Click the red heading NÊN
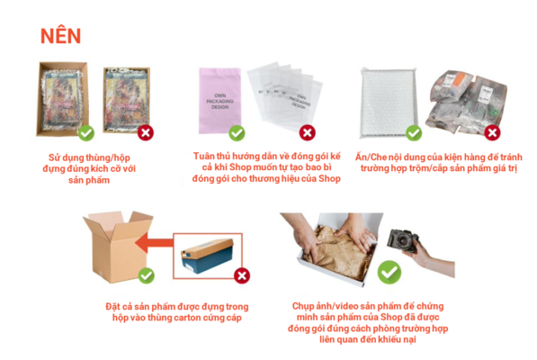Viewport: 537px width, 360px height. pyautogui.click(x=60, y=36)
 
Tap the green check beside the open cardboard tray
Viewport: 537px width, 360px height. pyautogui.click(x=86, y=133)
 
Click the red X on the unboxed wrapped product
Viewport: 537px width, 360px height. pyautogui.click(x=146, y=133)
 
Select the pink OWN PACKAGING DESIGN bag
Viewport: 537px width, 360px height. pyautogui.click(x=219, y=101)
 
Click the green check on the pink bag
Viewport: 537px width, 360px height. pyautogui.click(x=237, y=133)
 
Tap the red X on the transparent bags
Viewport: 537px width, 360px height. pyautogui.click(x=308, y=133)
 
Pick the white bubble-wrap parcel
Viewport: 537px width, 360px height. pyautogui.click(x=389, y=103)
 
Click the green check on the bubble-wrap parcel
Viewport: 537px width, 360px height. pyautogui.click(x=414, y=133)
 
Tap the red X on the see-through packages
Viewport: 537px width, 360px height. pyautogui.click(x=493, y=133)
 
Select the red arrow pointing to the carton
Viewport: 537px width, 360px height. pyautogui.click(x=154, y=243)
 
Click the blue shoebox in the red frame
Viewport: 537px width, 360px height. pyautogui.click(x=208, y=256)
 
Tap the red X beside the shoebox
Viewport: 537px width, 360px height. pyautogui.click(x=242, y=275)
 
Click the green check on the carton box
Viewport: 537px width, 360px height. pyautogui.click(x=147, y=275)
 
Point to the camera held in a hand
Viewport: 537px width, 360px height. pyautogui.click(x=402, y=239)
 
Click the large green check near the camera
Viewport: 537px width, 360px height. pyautogui.click(x=389, y=273)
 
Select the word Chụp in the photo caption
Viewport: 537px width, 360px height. pyautogui.click(x=303, y=306)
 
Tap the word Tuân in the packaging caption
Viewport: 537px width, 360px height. pyautogui.click(x=204, y=157)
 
